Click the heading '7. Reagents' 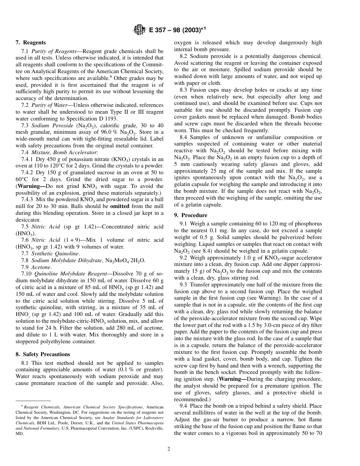pyautogui.click(x=31, y=43)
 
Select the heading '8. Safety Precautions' pyautogui.click(x=43, y=354)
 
